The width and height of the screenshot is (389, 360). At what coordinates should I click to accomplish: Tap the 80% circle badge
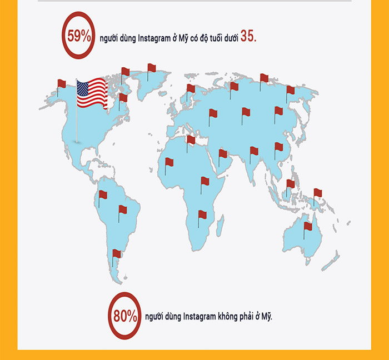tap(124, 317)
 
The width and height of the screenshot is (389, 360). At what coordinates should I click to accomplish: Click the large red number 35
tap(248, 37)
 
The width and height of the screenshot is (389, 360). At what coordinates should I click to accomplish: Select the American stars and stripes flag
tap(91, 93)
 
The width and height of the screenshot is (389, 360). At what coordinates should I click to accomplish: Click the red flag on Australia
tap(308, 227)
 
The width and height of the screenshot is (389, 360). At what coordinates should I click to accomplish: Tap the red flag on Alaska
tap(61, 84)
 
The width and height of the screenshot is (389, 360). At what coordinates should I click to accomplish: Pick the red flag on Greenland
tap(151, 68)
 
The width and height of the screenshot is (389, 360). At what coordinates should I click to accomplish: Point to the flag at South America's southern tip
tap(117, 254)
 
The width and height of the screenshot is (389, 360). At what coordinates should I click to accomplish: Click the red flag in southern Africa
tap(202, 214)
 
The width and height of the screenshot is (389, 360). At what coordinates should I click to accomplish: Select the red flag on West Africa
tap(169, 162)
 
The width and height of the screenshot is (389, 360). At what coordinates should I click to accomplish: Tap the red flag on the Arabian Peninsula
tap(223, 153)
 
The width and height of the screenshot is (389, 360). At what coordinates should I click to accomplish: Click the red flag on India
tap(254, 151)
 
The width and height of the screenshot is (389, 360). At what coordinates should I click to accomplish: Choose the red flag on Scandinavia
tap(191, 88)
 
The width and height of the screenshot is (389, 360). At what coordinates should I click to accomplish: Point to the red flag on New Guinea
tap(317, 193)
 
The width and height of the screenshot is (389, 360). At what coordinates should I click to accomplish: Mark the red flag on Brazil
tap(122, 210)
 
